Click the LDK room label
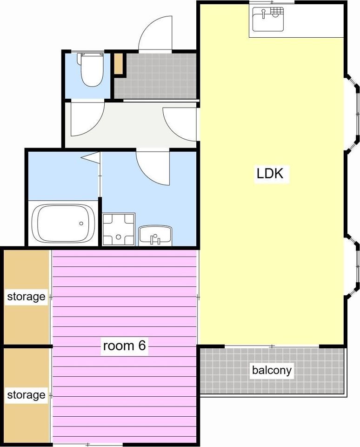pyautogui.click(x=270, y=173)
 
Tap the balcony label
pyautogui.click(x=272, y=370)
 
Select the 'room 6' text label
pyautogui.click(x=125, y=345)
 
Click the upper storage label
pyautogui.click(x=26, y=297)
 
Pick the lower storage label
pyautogui.click(x=26, y=395)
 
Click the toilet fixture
pyautogui.click(x=92, y=69)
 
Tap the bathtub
pyautogui.click(x=63, y=223)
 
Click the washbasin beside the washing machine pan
pyautogui.click(x=155, y=236)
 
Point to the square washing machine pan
pyautogui.click(x=119, y=230)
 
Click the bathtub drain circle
pyautogui.click(x=81, y=223)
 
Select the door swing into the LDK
pyautogui.click(x=180, y=124)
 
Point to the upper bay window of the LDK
pyautogui.click(x=353, y=112)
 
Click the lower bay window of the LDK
pyautogui.click(x=353, y=267)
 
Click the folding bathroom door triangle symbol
pyautogui.click(x=91, y=158)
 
